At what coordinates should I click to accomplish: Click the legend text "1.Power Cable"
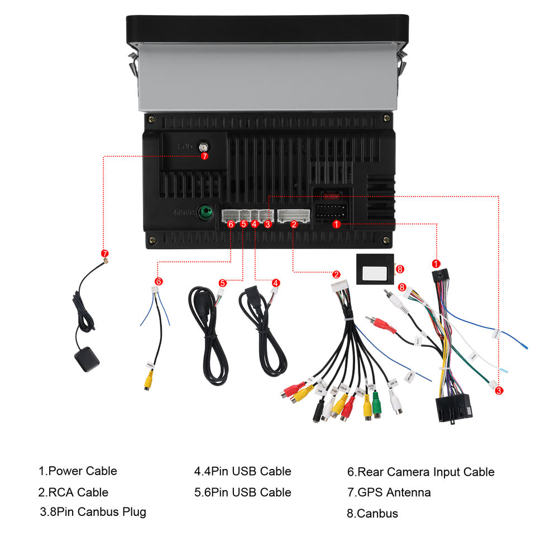click(78, 471)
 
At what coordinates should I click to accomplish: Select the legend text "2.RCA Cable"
click(73, 492)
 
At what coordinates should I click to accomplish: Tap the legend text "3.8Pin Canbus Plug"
click(93, 511)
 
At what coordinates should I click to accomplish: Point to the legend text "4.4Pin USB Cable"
click(242, 471)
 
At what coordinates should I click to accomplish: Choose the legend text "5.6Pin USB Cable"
click(242, 492)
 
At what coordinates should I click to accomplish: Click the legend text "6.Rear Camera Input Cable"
click(420, 472)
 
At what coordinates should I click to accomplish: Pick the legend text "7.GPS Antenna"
click(389, 492)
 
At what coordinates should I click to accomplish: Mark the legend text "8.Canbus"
click(372, 513)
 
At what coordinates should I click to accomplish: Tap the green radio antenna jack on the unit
click(207, 212)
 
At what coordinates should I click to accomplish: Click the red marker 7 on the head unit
click(204, 156)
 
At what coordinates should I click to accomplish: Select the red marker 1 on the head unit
click(336, 224)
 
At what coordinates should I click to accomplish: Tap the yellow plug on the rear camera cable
click(148, 381)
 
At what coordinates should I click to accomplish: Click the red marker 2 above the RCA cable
click(336, 274)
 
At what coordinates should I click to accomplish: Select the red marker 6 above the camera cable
click(159, 281)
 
